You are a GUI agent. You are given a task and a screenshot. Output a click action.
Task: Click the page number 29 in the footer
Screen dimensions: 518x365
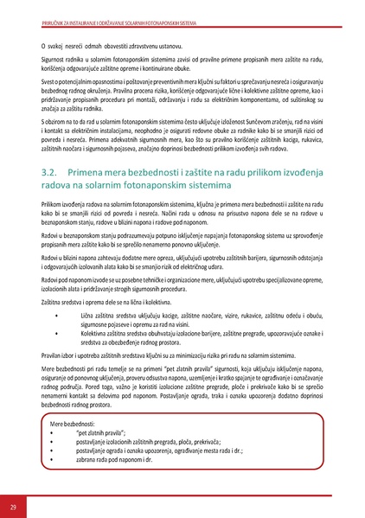click(13, 505)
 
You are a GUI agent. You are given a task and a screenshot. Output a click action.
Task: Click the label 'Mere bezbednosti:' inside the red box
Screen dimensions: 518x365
click(74, 425)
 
